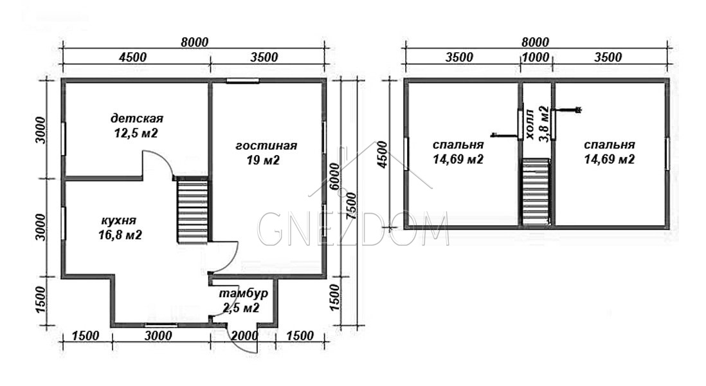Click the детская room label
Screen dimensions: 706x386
pos(136,125)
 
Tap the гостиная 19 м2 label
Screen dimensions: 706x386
pos(266,152)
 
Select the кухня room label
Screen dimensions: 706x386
pos(120,228)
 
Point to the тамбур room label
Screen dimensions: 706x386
pos(243,300)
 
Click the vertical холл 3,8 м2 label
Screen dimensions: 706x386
pos(537,124)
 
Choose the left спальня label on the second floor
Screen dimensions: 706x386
pos(458,152)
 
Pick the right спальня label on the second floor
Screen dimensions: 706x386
pos(609,152)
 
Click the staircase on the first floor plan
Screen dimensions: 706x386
pos(193,211)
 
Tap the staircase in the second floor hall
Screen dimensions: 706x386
pos(536,192)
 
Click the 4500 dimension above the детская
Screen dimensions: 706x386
pos(133,57)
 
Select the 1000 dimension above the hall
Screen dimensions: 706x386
pos(536,57)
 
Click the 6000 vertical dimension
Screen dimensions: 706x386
pos(335,176)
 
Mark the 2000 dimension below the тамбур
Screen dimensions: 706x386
pos(244,336)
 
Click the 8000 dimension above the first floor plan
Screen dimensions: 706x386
pos(195,42)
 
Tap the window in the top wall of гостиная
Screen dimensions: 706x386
pos(242,81)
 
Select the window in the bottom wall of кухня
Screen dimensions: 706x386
pos(161,324)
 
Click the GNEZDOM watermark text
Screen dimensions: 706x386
pos(353,229)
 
